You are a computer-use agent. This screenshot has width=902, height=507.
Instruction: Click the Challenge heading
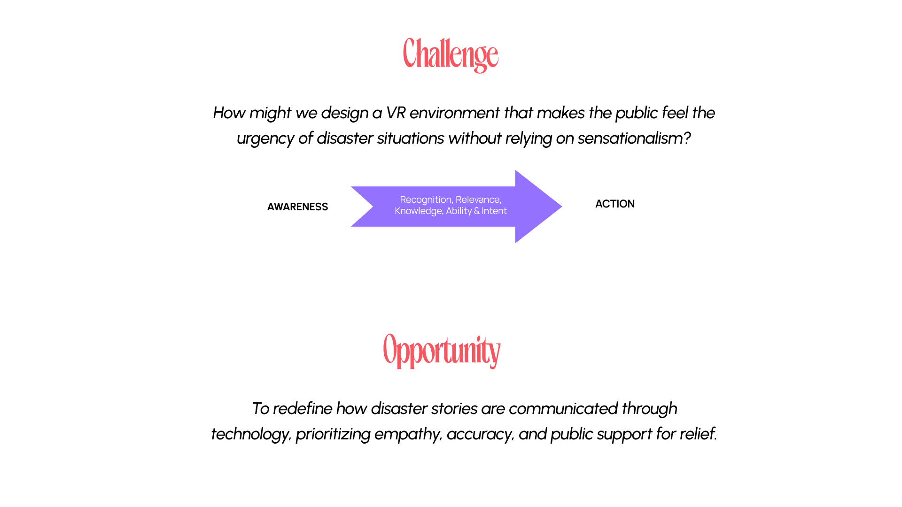pyautogui.click(x=451, y=54)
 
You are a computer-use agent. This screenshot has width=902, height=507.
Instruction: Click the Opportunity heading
pyautogui.click(x=442, y=351)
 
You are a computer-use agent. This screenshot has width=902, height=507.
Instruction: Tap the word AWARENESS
pyautogui.click(x=297, y=207)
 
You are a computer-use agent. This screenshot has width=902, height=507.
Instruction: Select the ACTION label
pyautogui.click(x=615, y=204)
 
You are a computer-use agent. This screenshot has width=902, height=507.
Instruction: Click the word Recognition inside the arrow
pyautogui.click(x=426, y=200)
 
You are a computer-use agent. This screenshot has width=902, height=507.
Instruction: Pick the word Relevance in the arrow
pyautogui.click(x=478, y=200)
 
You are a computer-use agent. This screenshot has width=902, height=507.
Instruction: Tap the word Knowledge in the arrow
pyautogui.click(x=418, y=211)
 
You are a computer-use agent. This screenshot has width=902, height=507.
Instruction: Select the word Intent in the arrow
pyautogui.click(x=494, y=211)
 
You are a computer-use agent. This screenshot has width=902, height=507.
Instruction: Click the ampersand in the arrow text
pyautogui.click(x=477, y=211)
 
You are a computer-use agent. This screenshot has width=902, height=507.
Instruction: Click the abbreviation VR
pyautogui.click(x=396, y=113)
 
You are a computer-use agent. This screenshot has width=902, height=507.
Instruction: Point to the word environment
pyautogui.click(x=454, y=113)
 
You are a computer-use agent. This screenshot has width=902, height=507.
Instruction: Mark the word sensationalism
pyautogui.click(x=630, y=138)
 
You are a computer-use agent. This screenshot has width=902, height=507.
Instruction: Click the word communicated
pyautogui.click(x=563, y=409)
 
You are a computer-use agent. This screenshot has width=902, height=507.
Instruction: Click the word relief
pyautogui.click(x=697, y=434)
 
